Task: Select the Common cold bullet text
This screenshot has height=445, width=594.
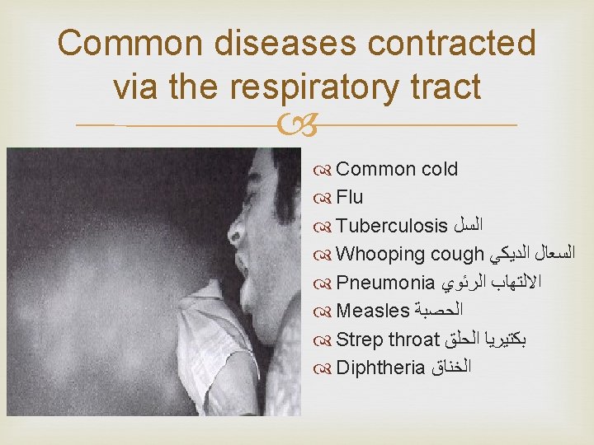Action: [x=397, y=169]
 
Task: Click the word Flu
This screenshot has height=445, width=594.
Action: [x=350, y=197]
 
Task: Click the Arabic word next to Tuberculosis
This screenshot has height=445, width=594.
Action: [x=468, y=225]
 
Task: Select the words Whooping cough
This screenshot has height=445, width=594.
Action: [x=410, y=254]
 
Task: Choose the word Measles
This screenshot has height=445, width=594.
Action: [x=373, y=311]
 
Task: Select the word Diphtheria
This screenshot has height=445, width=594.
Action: [x=380, y=367]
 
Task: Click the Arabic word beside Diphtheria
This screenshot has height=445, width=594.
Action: [x=450, y=367]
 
